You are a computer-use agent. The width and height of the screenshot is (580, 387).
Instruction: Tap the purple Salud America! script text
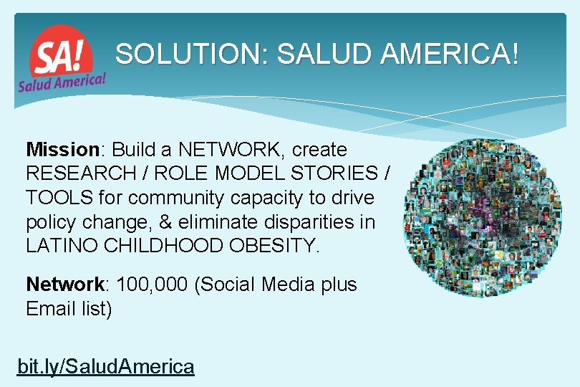point(62,81)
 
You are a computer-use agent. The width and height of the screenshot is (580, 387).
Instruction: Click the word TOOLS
point(54,197)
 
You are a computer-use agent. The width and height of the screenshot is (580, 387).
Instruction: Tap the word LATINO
point(61,245)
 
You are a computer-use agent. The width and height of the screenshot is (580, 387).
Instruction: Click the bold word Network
point(64,285)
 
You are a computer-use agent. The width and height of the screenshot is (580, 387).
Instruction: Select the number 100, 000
point(152,285)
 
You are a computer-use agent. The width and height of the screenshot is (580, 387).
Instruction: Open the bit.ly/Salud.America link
point(106,367)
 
